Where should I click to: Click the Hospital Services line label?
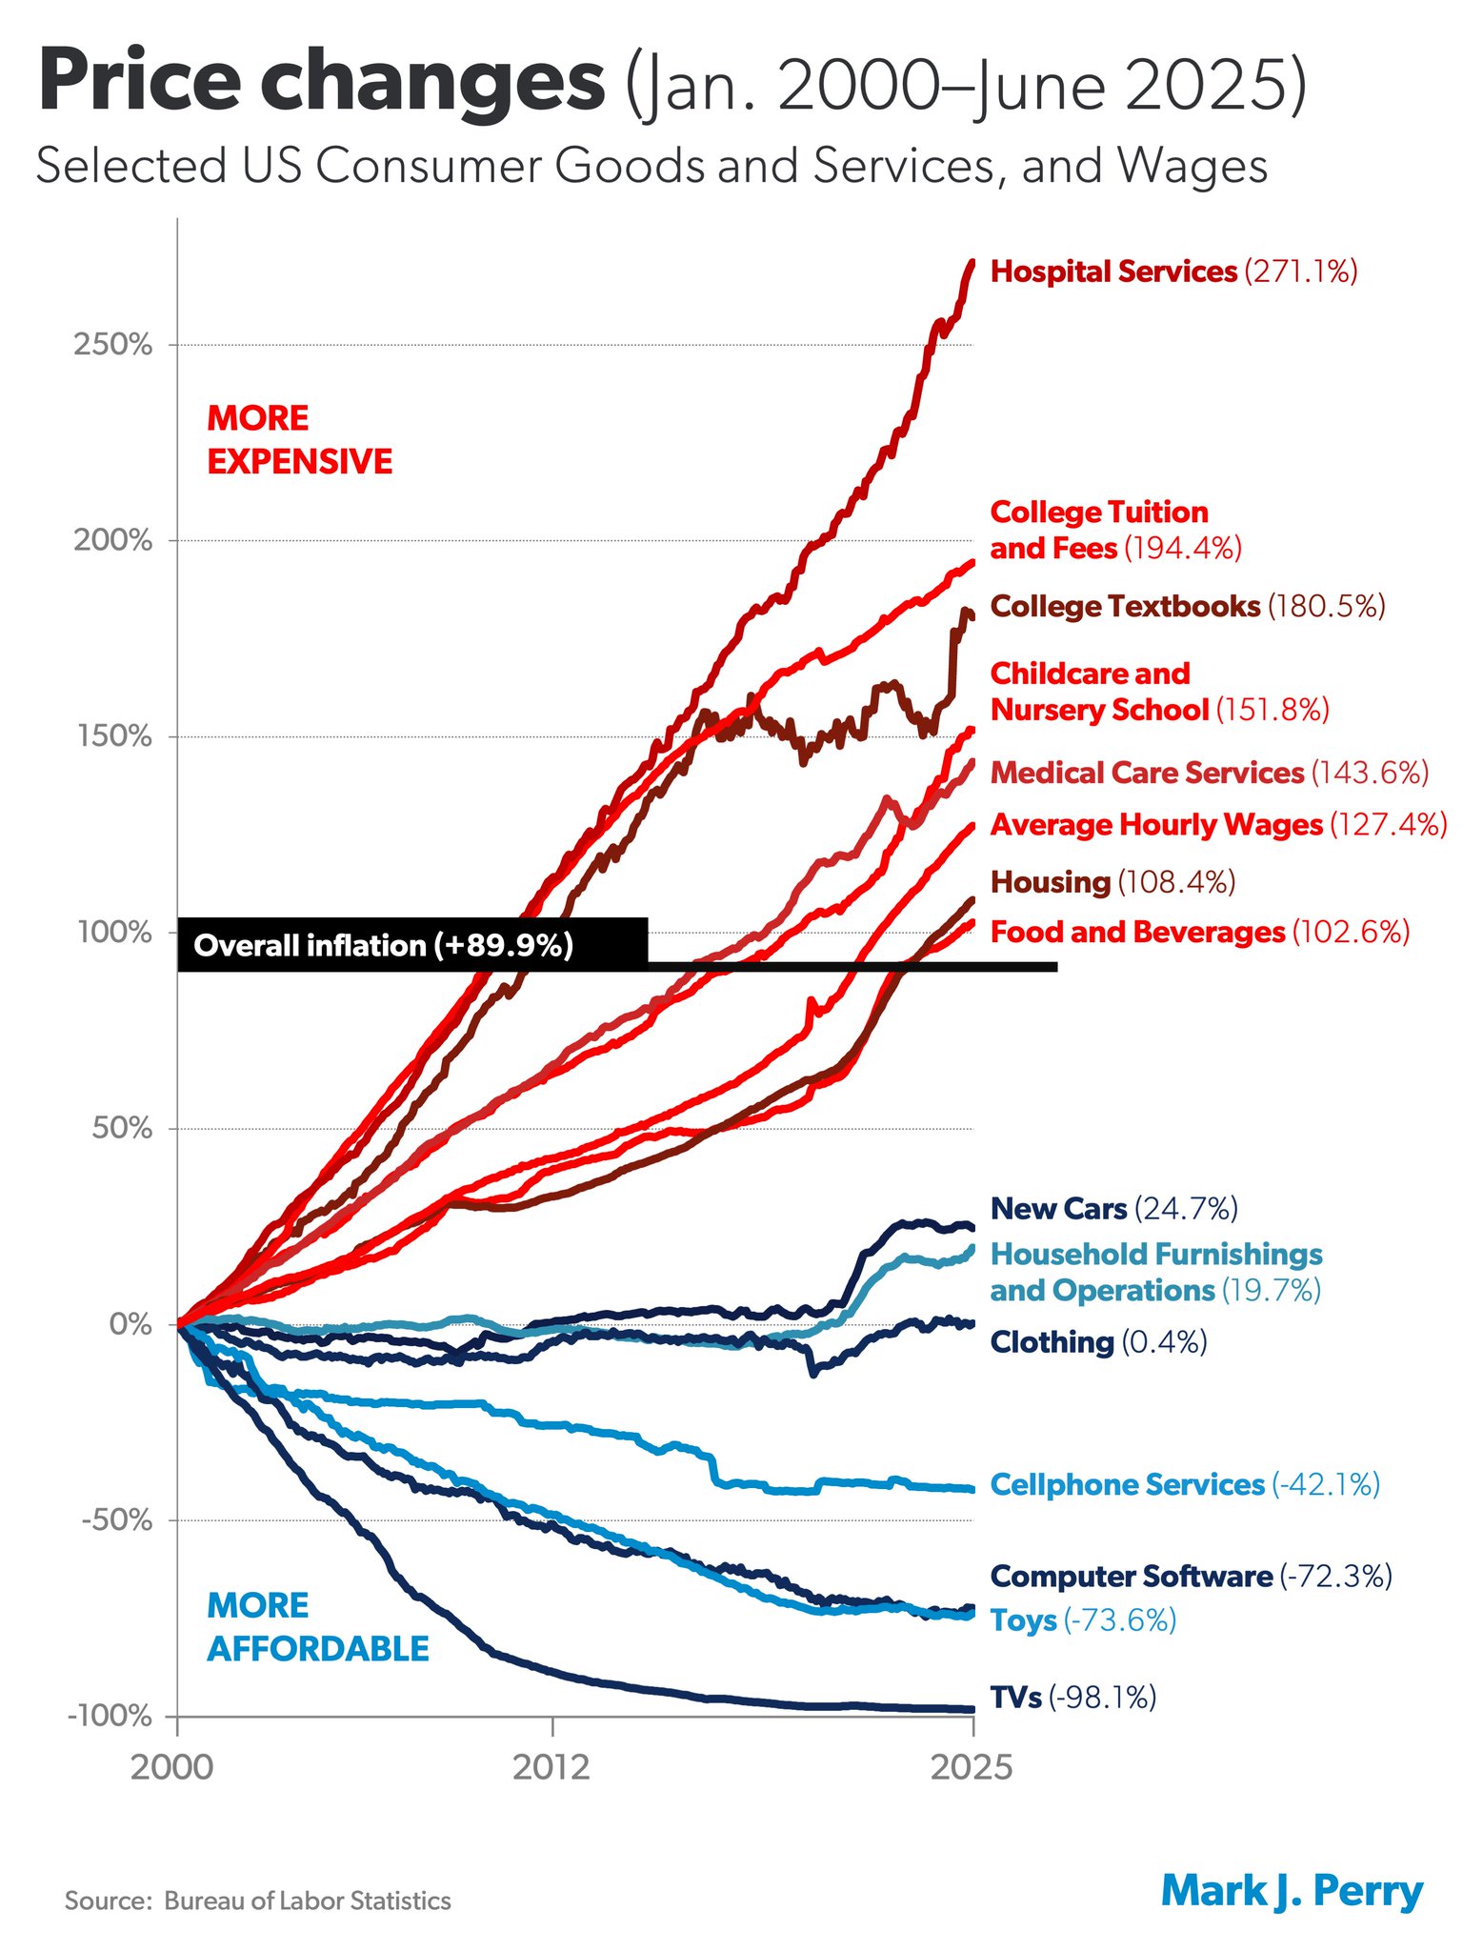[1172, 272]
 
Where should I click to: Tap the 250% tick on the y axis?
[113, 345]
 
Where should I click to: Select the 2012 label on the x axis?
[551, 1768]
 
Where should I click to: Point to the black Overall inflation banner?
[411, 946]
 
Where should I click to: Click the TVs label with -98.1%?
[1072, 1698]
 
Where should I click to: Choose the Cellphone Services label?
[1184, 1485]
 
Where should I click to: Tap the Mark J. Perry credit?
[1292, 1891]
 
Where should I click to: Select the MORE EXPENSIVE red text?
[299, 440]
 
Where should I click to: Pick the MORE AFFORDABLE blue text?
[317, 1627]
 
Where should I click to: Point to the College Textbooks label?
[1187, 607]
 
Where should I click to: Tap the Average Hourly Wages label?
[1217, 825]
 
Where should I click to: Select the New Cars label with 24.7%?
[1113, 1209]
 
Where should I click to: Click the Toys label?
[1083, 1620]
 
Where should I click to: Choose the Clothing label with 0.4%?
[1098, 1342]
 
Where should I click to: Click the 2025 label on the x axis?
[972, 1768]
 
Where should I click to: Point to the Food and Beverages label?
[1198, 932]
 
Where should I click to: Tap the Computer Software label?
[1191, 1577]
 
